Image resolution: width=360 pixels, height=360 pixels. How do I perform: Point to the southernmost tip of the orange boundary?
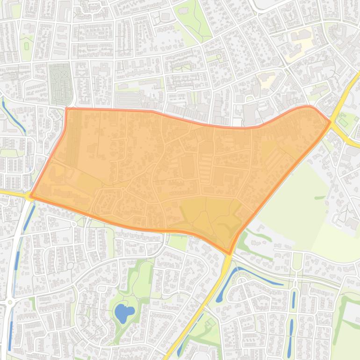[x=230, y=254]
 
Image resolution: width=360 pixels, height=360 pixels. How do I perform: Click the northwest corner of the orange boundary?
[x=67, y=109]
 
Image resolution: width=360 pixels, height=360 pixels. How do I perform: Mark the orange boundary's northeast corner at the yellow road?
[x=330, y=122]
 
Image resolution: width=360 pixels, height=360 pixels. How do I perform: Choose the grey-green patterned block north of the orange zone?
[x=60, y=84]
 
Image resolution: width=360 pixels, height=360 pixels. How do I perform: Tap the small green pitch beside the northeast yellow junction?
[x=344, y=122]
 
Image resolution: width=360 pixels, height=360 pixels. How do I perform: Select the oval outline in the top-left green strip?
[x=26, y=46]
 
